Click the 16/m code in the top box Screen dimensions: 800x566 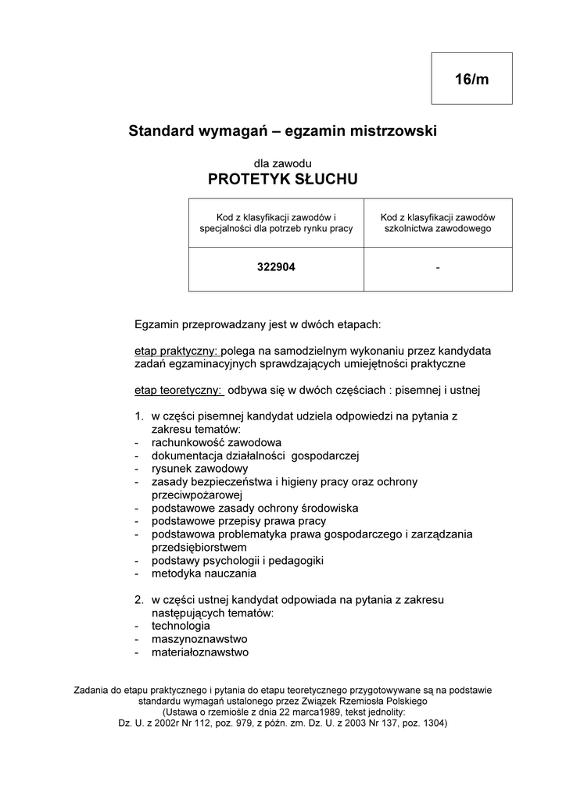click(x=471, y=79)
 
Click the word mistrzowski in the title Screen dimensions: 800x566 click(x=390, y=131)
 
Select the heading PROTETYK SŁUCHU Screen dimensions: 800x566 click(x=283, y=180)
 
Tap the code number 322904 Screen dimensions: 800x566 click(x=276, y=267)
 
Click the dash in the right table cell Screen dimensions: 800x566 click(x=438, y=268)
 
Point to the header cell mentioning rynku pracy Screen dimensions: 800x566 click(x=276, y=223)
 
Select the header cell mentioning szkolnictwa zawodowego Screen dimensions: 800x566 click(x=438, y=223)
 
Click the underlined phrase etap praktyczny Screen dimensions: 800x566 click(x=176, y=351)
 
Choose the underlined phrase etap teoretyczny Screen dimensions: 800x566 click(x=178, y=390)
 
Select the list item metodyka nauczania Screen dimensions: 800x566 click(x=204, y=573)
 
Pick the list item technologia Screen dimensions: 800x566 click(x=181, y=626)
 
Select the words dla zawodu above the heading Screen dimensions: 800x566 click(x=283, y=162)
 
